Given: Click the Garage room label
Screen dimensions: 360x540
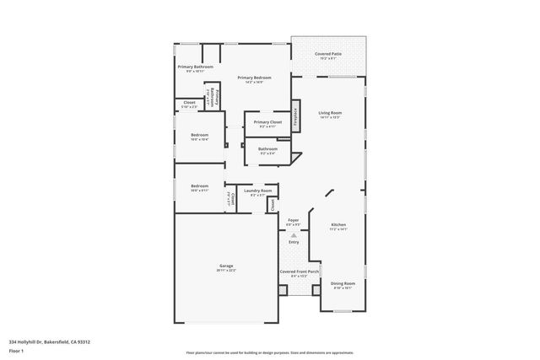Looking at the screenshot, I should click(226, 266).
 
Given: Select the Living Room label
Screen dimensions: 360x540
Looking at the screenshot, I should click(329, 112).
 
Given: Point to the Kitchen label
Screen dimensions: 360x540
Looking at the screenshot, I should click(338, 224).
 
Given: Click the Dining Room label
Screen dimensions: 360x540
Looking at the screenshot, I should click(343, 283).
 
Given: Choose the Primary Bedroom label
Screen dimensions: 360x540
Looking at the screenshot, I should click(254, 78).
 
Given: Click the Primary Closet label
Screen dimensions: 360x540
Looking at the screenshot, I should click(267, 122).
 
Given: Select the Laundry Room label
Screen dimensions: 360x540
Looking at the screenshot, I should click(258, 191).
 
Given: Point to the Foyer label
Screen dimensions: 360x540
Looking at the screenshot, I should click(293, 220).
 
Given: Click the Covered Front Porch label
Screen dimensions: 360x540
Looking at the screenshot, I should click(300, 271).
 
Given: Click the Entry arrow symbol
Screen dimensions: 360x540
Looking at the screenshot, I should click(294, 235).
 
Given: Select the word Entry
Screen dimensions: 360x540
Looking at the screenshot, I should click(294, 242).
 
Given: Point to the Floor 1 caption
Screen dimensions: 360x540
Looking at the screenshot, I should click(17, 350).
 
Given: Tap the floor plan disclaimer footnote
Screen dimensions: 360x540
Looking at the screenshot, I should click(270, 352).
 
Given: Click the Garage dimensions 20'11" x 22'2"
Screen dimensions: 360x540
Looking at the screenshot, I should click(226, 270).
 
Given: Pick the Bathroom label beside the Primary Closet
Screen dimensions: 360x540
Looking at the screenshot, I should click(267, 149).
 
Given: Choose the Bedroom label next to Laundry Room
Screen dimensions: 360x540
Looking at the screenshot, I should click(199, 185).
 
